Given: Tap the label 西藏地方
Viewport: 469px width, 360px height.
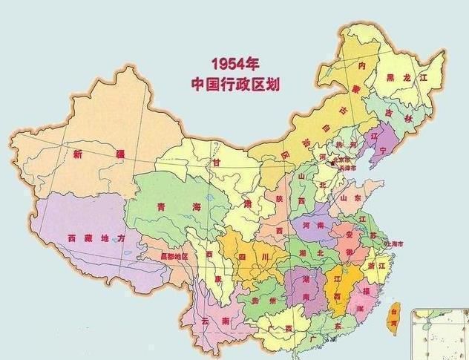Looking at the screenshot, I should click(92, 238).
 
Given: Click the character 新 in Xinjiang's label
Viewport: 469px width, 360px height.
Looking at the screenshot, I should click(78, 154).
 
